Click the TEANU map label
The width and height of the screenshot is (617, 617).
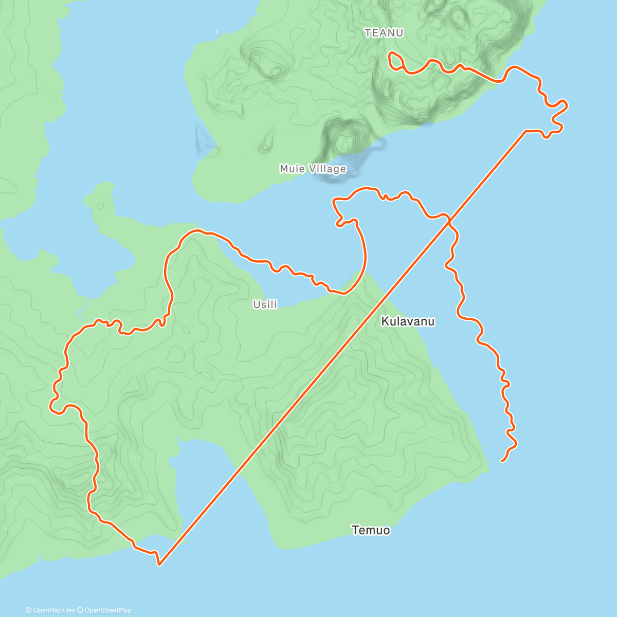384,33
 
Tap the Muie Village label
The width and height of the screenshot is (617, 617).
313,169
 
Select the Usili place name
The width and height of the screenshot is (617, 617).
265,304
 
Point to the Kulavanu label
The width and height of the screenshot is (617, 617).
408,321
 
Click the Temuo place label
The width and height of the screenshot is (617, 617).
371,530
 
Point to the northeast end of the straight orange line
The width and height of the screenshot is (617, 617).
525,131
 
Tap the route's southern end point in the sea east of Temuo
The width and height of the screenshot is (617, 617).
502,461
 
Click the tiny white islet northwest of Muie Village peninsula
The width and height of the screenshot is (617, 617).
216,32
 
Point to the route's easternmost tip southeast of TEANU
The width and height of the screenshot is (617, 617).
567,105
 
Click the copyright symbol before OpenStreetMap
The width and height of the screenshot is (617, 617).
80,610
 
